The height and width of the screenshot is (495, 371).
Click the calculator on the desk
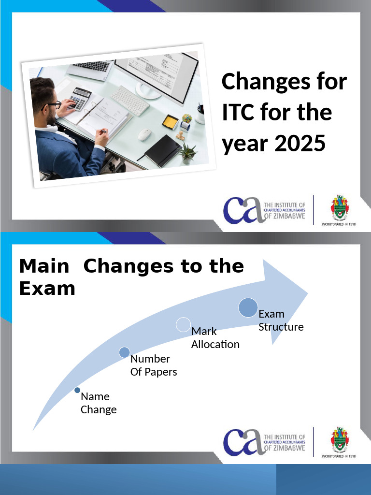78,98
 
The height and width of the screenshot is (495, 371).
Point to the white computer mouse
145,134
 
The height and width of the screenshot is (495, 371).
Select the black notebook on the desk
163,150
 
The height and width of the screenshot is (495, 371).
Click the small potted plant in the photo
187,153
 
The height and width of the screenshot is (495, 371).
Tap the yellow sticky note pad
170,122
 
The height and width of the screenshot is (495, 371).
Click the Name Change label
99,403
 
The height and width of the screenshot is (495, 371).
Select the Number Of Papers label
154,365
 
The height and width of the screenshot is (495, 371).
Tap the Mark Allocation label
215,338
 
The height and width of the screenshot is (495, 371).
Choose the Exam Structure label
281,320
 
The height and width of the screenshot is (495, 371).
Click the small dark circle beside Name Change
77,390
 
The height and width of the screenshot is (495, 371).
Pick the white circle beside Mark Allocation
183,324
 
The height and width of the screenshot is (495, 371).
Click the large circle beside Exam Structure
248,308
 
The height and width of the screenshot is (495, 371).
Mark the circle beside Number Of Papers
124,352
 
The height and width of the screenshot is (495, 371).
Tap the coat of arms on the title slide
339,208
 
